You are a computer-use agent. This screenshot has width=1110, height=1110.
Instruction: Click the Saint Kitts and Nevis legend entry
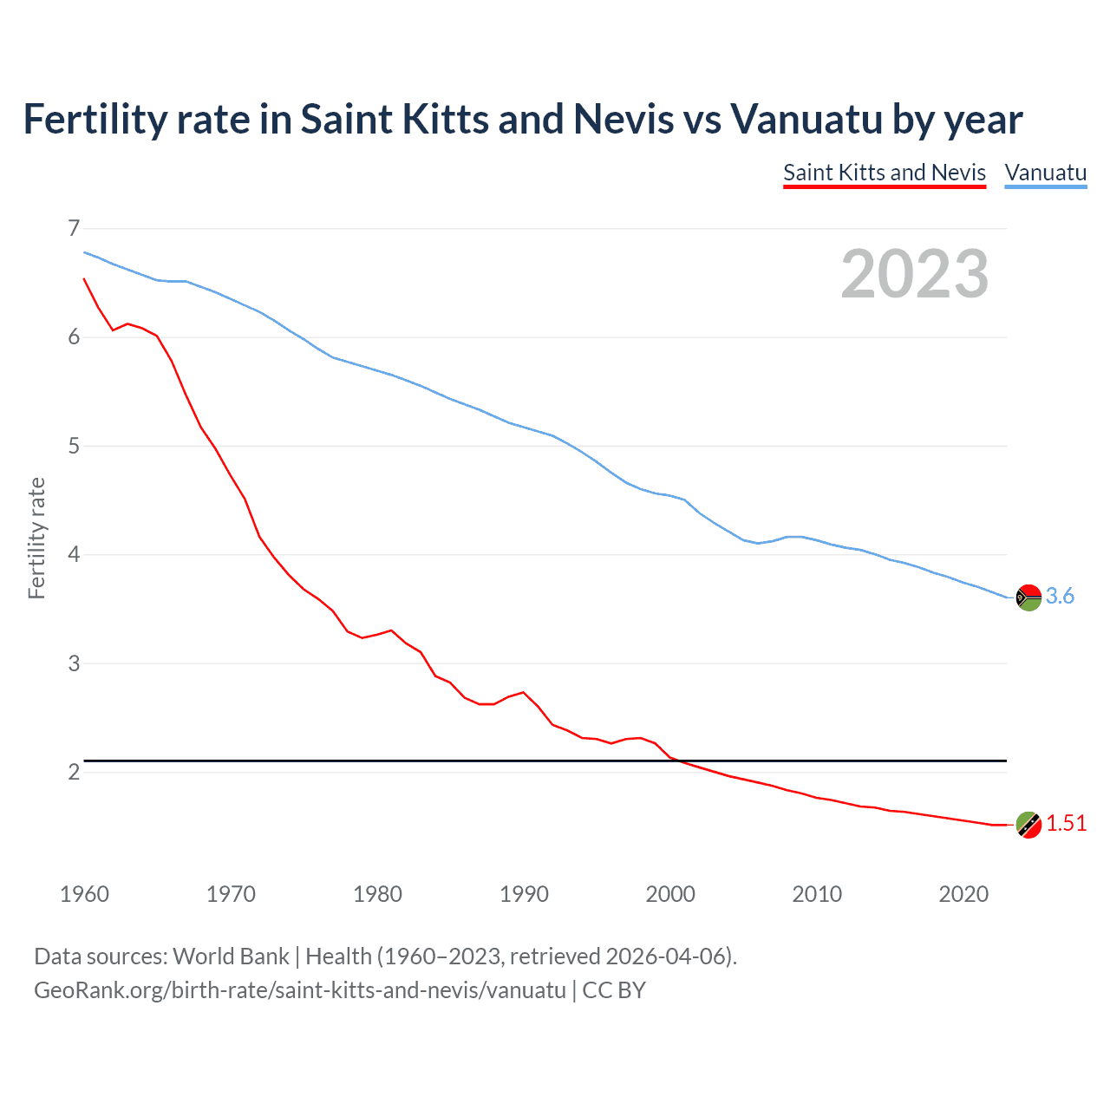click(885, 173)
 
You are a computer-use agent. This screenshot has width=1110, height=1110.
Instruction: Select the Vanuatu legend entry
click(1045, 173)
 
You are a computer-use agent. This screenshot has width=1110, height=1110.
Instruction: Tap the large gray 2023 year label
click(914, 274)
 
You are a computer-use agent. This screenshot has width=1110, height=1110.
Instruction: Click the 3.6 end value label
click(1060, 596)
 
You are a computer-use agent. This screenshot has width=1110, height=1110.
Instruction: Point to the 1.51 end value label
click(1066, 823)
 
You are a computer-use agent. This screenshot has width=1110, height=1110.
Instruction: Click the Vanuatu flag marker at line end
click(1028, 597)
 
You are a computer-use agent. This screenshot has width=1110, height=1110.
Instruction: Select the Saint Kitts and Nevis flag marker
click(1028, 825)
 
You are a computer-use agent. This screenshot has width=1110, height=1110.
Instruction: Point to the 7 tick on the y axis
click(74, 228)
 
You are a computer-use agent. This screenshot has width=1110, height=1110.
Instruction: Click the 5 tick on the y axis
click(74, 446)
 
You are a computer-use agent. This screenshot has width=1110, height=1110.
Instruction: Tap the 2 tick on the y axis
click(74, 772)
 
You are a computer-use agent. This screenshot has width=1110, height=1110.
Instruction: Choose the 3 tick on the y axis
click(74, 663)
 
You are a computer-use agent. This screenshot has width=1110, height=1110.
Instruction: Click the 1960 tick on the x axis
click(84, 894)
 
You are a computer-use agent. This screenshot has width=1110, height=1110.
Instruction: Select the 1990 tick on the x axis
click(524, 894)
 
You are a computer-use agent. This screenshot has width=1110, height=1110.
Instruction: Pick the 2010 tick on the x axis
click(817, 894)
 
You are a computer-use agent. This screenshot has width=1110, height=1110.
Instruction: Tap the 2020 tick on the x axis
click(963, 894)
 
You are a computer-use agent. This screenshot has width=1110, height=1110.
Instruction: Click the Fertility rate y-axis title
click(36, 538)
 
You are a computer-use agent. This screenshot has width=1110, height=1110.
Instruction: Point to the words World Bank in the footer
click(231, 956)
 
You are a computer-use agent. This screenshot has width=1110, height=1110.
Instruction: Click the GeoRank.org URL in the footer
click(299, 989)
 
